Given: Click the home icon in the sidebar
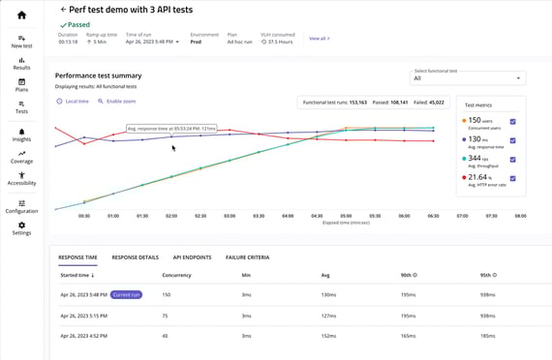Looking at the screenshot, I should pyautogui.click(x=21, y=15).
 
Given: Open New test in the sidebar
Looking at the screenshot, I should pyautogui.click(x=21, y=41).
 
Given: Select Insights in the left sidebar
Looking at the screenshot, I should pyautogui.click(x=21, y=135).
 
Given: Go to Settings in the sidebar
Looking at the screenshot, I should pyautogui.click(x=21, y=228).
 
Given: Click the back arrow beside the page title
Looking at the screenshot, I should pyautogui.click(x=63, y=9).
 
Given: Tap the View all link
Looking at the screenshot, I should pyautogui.click(x=319, y=39).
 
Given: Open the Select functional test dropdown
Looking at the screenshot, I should pyautogui.click(x=468, y=77).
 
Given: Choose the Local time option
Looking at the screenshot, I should pyautogui.click(x=73, y=101).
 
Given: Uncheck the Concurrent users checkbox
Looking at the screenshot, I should pyautogui.click(x=512, y=121).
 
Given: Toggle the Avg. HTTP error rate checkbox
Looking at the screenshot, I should pyautogui.click(x=512, y=178).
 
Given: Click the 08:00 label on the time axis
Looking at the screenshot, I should pyautogui.click(x=520, y=216).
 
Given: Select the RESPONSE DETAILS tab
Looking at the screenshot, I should pyautogui.click(x=135, y=257).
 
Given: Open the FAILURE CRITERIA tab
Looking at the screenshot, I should pyautogui.click(x=247, y=257).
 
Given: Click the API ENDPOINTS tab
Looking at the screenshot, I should pyautogui.click(x=192, y=257).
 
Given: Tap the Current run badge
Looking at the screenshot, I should pyautogui.click(x=126, y=294).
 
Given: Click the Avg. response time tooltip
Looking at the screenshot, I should pyautogui.click(x=171, y=128).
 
